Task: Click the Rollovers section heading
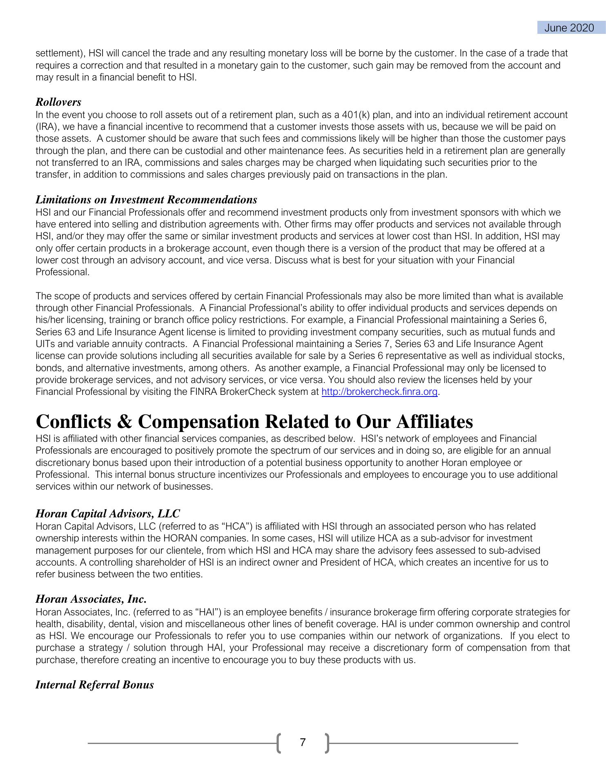click(58, 102)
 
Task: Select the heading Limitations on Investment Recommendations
click(146, 200)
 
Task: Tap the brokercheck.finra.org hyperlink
click(379, 392)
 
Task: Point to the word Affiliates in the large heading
click(434, 421)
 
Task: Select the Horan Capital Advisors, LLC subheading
click(107, 514)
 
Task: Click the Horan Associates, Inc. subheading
click(91, 599)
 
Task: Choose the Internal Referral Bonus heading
click(94, 685)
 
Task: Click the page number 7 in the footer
click(303, 742)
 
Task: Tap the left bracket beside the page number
click(279, 743)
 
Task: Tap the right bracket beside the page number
click(327, 743)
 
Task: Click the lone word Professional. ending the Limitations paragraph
click(62, 272)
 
